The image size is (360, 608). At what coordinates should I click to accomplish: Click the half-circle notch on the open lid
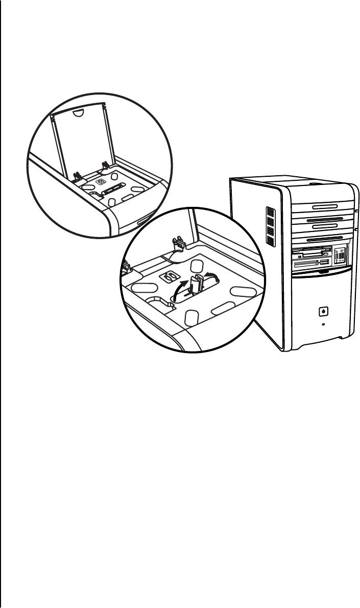tap(77, 111)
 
